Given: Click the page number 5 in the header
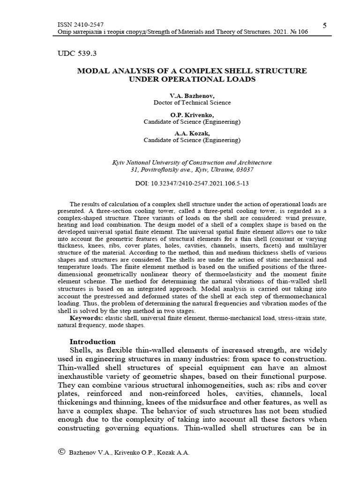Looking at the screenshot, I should coord(325,24).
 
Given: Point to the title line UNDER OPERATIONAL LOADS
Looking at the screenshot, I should coord(192,79).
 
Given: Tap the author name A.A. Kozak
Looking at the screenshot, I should coord(192,133).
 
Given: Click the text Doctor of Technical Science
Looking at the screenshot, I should coord(192,102).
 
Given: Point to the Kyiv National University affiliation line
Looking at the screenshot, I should coord(192,163).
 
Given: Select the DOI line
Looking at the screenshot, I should coord(192,183).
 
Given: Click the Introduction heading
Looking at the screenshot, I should coord(92,341).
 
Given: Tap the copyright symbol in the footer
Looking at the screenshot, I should coord(61,451).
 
